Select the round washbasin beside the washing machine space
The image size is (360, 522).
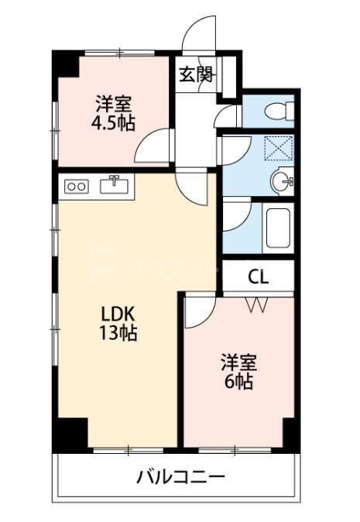coord(282,180)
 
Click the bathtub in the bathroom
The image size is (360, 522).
coord(277,228)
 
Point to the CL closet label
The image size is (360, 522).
coord(259,276)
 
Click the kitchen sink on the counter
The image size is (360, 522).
coord(115,185)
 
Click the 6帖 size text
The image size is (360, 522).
coord(238,381)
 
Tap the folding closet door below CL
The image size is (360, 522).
coord(257,304)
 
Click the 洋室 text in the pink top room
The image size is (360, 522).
coord(113,102)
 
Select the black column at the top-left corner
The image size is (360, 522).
coord(65,64)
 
